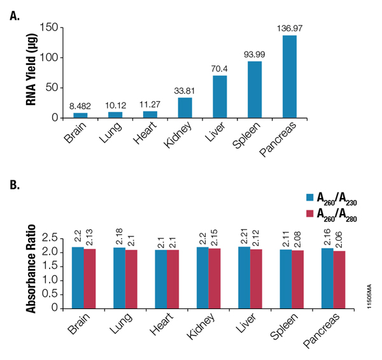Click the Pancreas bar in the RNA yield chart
point(289,77)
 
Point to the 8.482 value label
point(80,105)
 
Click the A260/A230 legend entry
point(332,198)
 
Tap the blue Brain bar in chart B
point(77,277)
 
